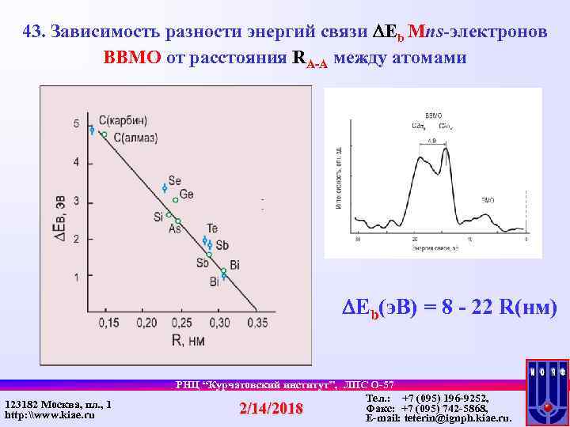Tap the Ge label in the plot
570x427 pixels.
pyautogui.click(x=187, y=195)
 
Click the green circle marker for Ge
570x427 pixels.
pyautogui.click(x=176, y=200)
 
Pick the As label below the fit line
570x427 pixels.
pyautogui.click(x=174, y=229)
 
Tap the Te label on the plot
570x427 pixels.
pyautogui.click(x=212, y=229)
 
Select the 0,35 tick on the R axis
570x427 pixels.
pyautogui.click(x=256, y=323)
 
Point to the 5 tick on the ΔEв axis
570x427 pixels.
pyautogui.click(x=76, y=124)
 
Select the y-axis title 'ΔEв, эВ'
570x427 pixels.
pyautogui.click(x=59, y=224)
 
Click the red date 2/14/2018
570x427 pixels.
pyautogui.click(x=271, y=408)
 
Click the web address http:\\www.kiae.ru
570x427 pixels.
pyautogui.click(x=49, y=415)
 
